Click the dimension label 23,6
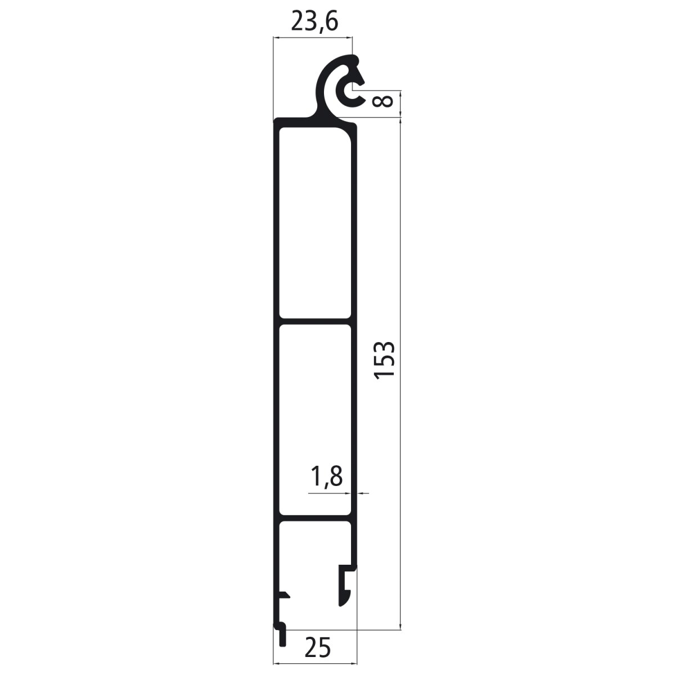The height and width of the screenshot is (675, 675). tap(314, 22)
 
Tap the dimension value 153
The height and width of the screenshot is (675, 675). tap(384, 360)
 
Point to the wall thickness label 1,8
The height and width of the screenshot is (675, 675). tap(326, 477)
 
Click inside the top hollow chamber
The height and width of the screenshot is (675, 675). tap(315, 222)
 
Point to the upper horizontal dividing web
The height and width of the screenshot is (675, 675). tap(315, 321)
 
